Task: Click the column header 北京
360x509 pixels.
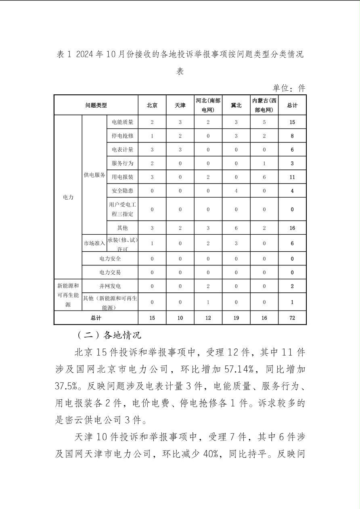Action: pos(152,105)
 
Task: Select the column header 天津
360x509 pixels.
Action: pos(180,105)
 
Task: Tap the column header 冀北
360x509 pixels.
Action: pos(236,105)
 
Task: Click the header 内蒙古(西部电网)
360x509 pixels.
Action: pos(264,105)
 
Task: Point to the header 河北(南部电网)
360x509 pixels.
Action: pos(208,105)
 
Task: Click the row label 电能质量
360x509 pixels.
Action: pos(123,122)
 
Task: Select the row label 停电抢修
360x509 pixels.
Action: pos(123,136)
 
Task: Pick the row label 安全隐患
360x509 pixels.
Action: pos(123,191)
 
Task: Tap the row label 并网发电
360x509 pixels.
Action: pos(110,286)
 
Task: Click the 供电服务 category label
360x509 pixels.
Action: pos(94,175)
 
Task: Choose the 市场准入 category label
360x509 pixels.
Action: pos(94,243)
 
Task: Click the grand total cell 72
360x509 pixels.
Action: pos(292,318)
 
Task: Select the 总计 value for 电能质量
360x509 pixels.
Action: pos(292,122)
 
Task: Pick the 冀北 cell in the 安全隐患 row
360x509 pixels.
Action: pos(236,191)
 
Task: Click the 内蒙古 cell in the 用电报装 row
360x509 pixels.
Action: pos(264,177)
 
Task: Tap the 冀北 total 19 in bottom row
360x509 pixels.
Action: pos(236,318)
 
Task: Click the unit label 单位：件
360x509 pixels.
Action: pos(289,88)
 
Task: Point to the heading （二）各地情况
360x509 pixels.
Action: pos(109,335)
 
